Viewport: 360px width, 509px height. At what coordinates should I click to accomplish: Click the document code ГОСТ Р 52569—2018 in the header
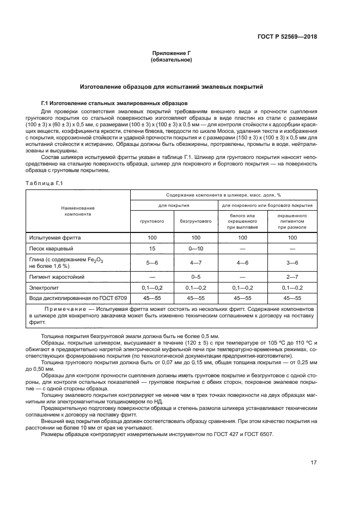coord(286,37)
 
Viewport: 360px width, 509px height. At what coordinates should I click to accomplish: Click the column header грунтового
coord(152,222)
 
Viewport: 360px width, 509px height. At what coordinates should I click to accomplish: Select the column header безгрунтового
coord(196,222)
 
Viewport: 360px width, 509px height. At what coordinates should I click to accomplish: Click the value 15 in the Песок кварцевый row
coord(152,249)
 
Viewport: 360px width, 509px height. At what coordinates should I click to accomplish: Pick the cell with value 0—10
coord(196,249)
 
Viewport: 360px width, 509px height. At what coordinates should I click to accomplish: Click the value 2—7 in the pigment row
coord(292,276)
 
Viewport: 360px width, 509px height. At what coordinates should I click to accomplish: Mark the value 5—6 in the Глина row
coord(152,262)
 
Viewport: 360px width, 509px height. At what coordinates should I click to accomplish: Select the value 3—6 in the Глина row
coord(292,262)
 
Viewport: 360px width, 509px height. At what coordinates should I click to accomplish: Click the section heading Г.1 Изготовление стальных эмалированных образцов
coord(114,102)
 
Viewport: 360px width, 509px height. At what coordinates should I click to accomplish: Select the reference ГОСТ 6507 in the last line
coord(260,434)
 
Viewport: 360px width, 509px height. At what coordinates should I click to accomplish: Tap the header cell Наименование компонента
coord(78,211)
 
